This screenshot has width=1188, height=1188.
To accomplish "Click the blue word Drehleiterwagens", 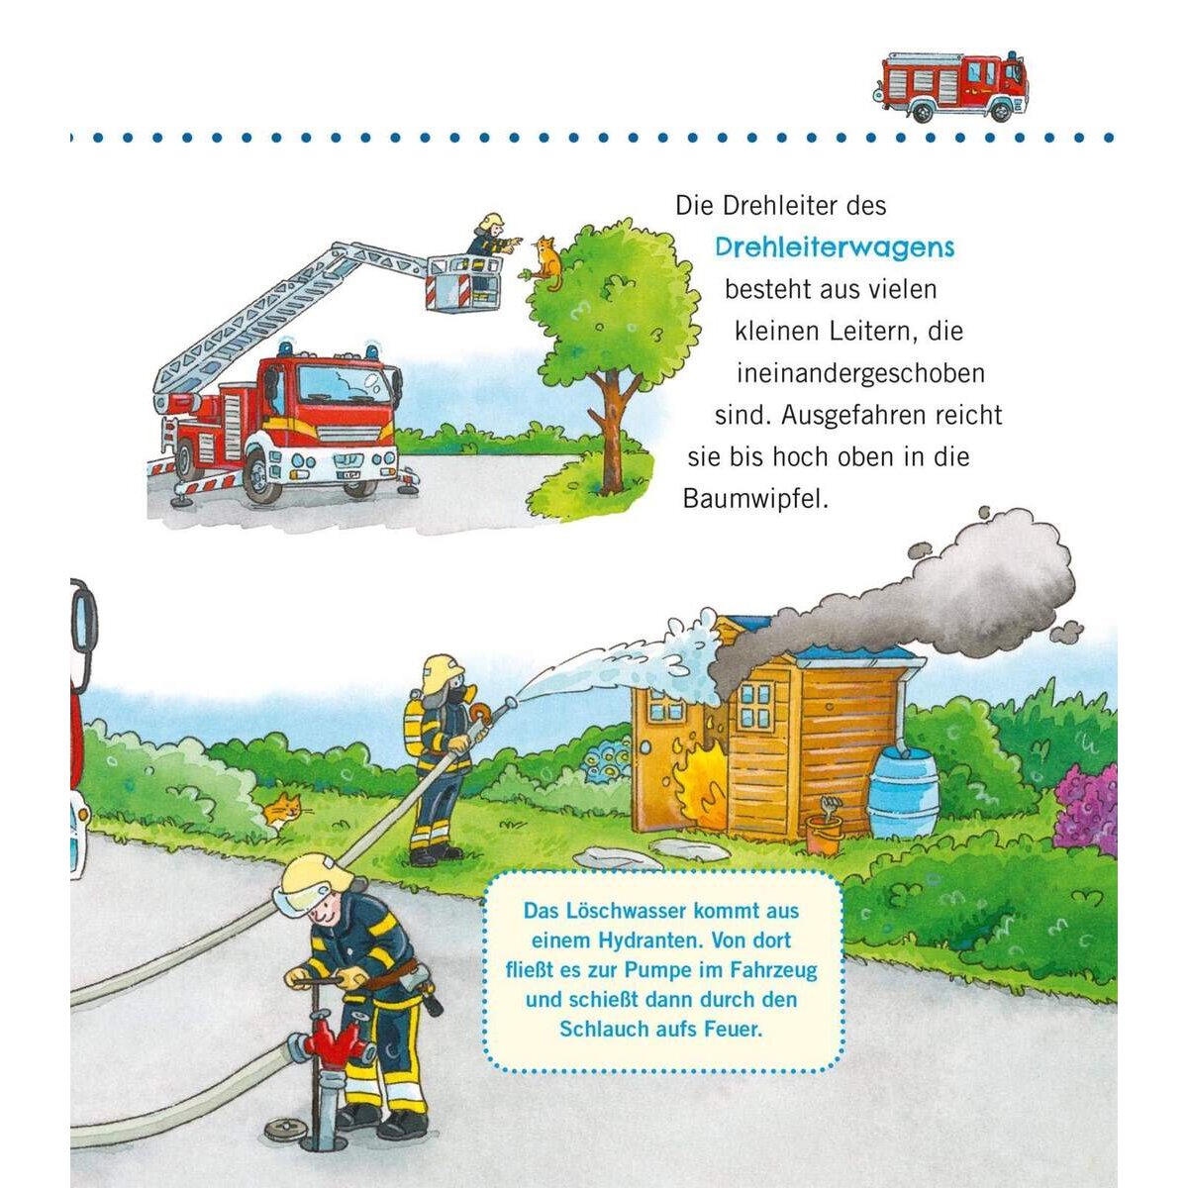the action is tap(835, 247).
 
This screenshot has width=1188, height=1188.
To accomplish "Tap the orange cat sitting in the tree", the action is tap(546, 262).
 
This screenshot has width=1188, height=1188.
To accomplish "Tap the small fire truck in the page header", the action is tap(951, 86).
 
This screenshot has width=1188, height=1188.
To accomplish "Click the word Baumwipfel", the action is tap(754, 499).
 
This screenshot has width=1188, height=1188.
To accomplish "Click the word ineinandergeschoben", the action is tap(860, 373).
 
